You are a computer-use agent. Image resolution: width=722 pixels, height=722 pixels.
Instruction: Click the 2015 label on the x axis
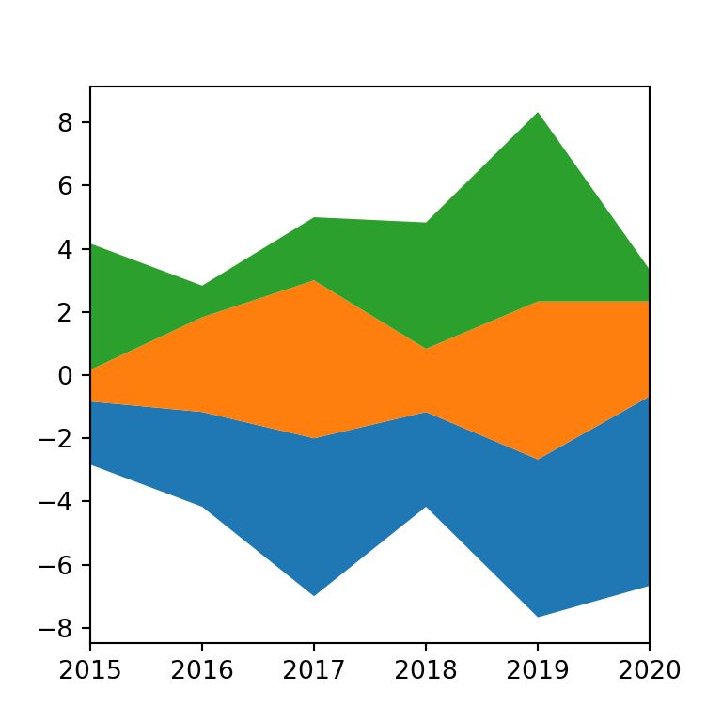[x=90, y=670]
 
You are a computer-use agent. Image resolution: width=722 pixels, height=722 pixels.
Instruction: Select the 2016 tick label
[x=202, y=670]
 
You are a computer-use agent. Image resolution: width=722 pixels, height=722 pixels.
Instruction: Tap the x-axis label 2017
[x=314, y=670]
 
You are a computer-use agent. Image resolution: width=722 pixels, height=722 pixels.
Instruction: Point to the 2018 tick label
[x=426, y=670]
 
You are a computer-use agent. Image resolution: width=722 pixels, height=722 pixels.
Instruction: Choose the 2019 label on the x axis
[x=538, y=670]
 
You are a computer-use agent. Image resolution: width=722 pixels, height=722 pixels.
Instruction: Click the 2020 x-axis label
[x=649, y=670]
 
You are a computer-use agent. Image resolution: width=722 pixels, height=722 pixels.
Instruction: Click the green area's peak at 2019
[x=538, y=113]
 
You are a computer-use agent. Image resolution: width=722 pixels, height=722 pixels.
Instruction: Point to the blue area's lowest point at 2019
[x=538, y=617]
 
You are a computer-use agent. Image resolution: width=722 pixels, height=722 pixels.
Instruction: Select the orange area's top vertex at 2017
[x=314, y=280]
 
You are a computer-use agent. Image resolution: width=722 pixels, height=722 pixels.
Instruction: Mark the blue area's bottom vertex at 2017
[x=314, y=596]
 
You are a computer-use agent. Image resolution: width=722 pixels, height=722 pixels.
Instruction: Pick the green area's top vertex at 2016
[x=202, y=286]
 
